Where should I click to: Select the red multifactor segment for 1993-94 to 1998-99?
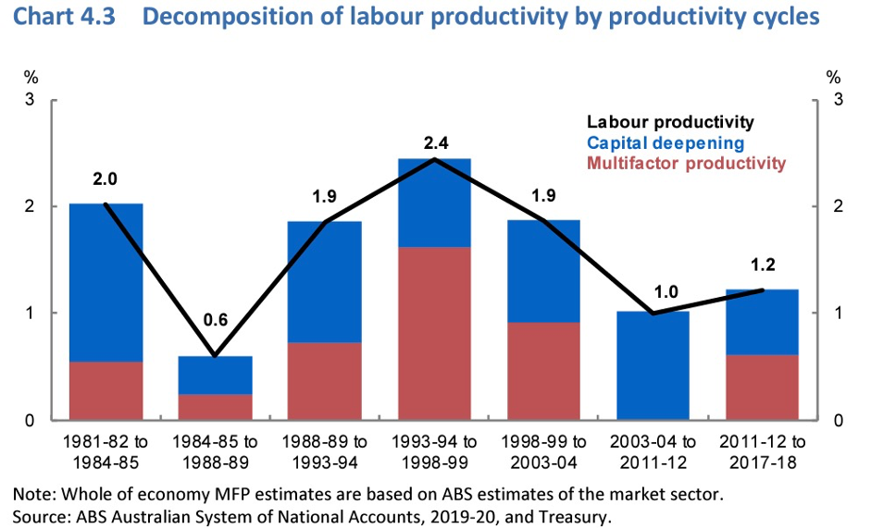tap(435, 333)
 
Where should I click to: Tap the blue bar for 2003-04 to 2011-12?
tap(653, 365)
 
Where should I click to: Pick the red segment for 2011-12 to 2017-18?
tap(762, 387)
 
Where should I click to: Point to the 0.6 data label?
tap(216, 321)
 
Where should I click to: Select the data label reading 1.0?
tap(666, 292)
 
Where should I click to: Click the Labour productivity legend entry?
tap(670, 122)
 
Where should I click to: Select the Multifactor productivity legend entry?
tap(686, 164)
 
